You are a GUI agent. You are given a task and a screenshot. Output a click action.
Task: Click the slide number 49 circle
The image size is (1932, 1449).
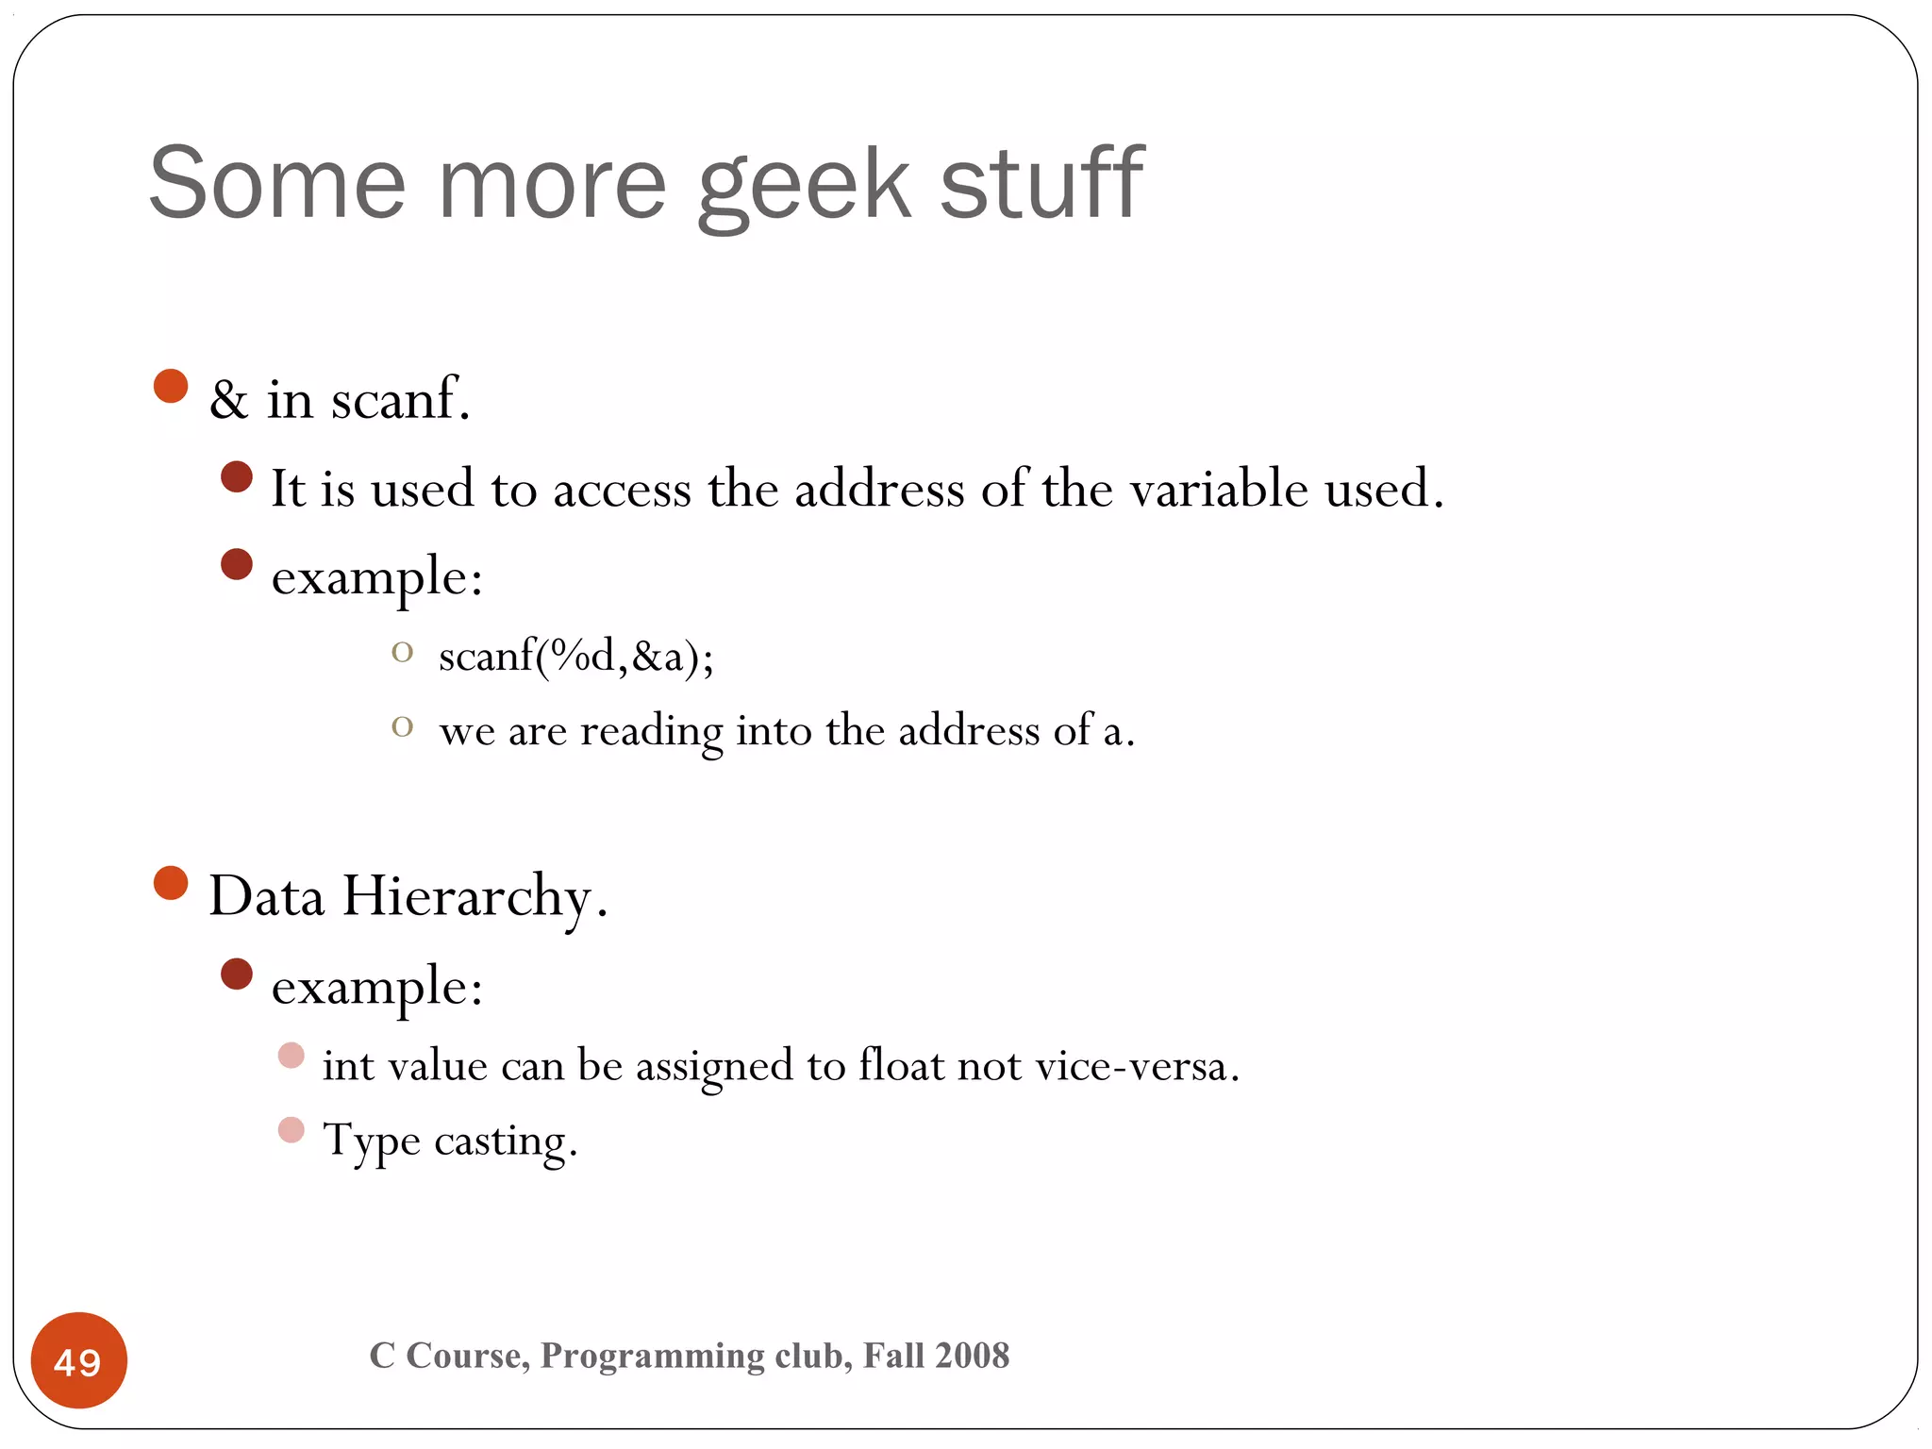[78, 1360]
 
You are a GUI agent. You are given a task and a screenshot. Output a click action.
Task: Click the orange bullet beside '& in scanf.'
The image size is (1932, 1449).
[171, 386]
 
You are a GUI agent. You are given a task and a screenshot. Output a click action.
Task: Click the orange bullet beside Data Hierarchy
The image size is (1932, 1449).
[171, 883]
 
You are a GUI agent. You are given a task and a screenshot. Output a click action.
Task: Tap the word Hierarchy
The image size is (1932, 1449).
[466, 896]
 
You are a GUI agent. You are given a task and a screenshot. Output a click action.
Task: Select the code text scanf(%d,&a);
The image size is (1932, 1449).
[576, 656]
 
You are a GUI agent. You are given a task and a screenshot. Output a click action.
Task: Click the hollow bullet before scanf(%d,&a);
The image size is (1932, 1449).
[403, 652]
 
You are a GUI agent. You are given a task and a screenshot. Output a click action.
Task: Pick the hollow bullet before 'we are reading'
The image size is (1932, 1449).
[403, 726]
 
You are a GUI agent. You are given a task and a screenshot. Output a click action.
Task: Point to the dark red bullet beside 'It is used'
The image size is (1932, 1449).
[237, 477]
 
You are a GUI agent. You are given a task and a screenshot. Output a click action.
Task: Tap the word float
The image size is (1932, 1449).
[901, 1065]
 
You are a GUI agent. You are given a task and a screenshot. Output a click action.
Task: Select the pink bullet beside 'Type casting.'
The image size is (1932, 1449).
[291, 1129]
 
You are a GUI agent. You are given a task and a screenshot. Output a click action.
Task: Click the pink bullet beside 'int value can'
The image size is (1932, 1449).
[291, 1055]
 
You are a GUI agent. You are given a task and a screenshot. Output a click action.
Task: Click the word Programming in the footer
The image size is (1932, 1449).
[651, 1356]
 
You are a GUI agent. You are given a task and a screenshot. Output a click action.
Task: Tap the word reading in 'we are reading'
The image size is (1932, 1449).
[651, 731]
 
